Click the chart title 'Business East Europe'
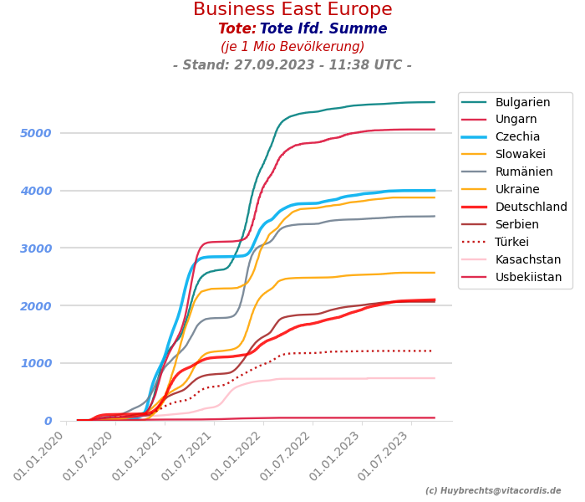click(292, 10)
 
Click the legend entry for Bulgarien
click(522, 102)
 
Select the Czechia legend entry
click(517, 137)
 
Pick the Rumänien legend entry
click(523, 172)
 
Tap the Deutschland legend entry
click(531, 207)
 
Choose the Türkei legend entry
click(511, 243)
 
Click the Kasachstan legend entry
click(528, 260)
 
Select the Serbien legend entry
click(516, 225)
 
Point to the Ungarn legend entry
click(516, 120)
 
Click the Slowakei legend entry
click(520, 155)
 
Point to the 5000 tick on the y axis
click(36, 133)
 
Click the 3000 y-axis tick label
click(36, 248)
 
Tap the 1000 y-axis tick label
click(36, 363)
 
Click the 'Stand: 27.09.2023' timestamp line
click(292, 65)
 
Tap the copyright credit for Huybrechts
click(493, 491)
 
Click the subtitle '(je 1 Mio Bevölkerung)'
click(292, 47)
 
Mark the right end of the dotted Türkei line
click(434, 351)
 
